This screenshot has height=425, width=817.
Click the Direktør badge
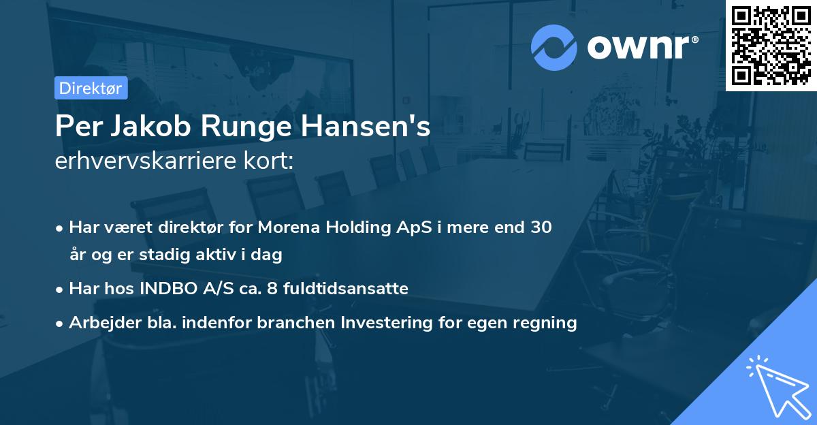tap(90, 88)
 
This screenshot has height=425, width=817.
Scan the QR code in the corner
tap(771, 45)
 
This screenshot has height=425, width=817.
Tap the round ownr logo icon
tap(554, 48)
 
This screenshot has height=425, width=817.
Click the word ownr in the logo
tap(641, 48)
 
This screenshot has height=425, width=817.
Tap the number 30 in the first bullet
tap(542, 227)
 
